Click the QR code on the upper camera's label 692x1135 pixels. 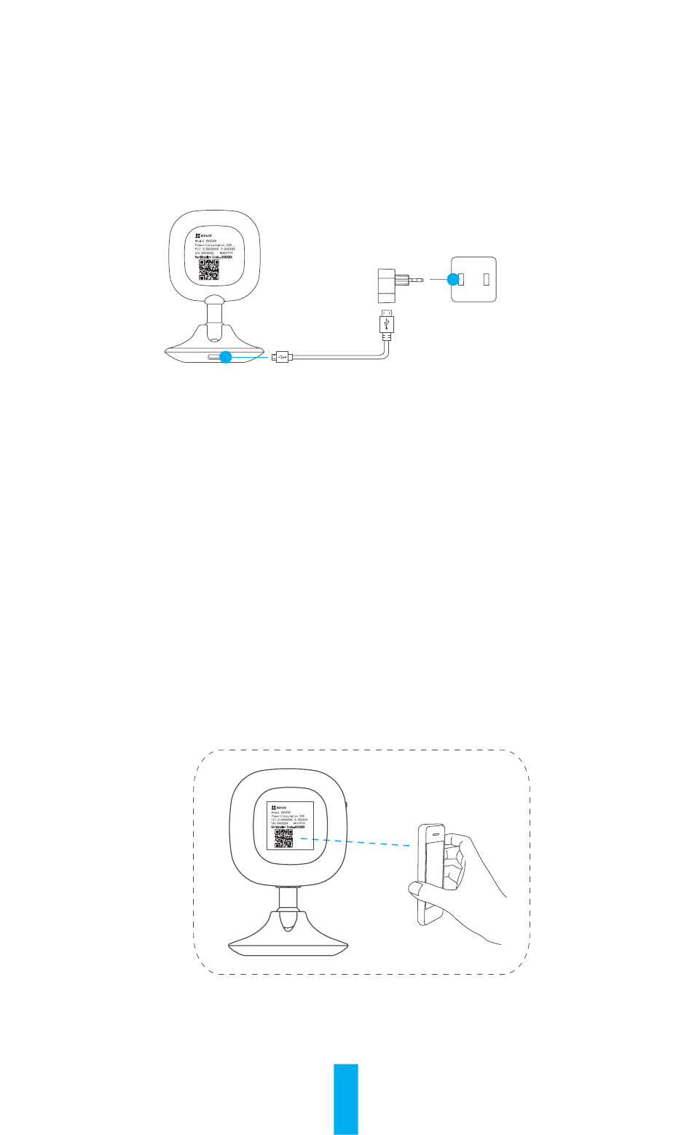209,270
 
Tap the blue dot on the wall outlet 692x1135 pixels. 452,278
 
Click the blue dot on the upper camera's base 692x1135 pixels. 226,357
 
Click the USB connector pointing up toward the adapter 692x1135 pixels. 387,322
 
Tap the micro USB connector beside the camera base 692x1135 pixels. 281,357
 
